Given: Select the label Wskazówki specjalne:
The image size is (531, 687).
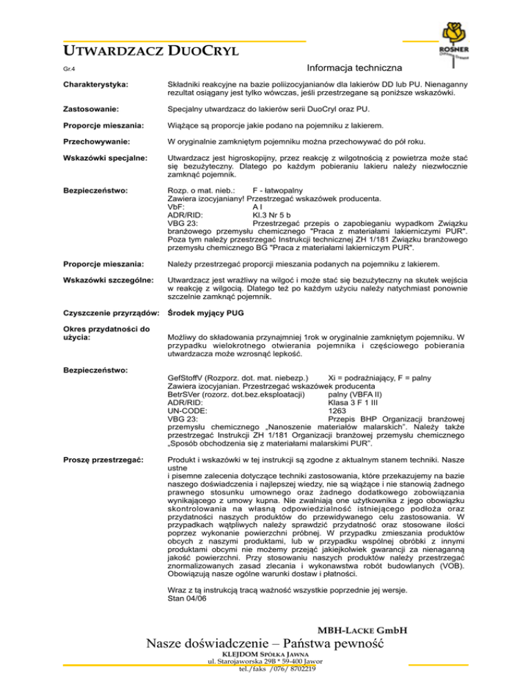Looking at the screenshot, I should click(101, 161).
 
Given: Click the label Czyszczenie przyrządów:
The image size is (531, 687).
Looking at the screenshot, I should click(111, 312).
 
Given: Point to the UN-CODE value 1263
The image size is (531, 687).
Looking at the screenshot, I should click(336, 410).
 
